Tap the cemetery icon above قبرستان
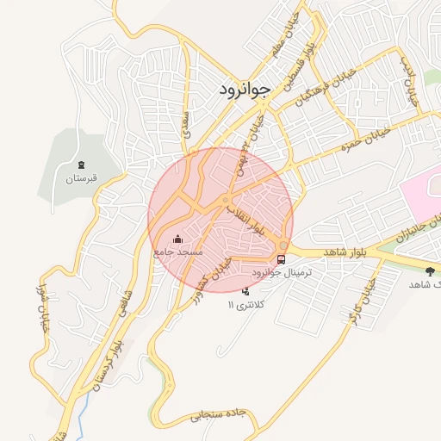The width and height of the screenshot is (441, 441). tap(82, 164)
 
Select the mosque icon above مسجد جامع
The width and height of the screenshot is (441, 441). tap(178, 239)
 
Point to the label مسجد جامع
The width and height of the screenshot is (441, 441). tap(177, 252)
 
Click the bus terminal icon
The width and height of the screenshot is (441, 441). tap(283, 258)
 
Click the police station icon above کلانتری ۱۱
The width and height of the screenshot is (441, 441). tap(245, 291)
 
